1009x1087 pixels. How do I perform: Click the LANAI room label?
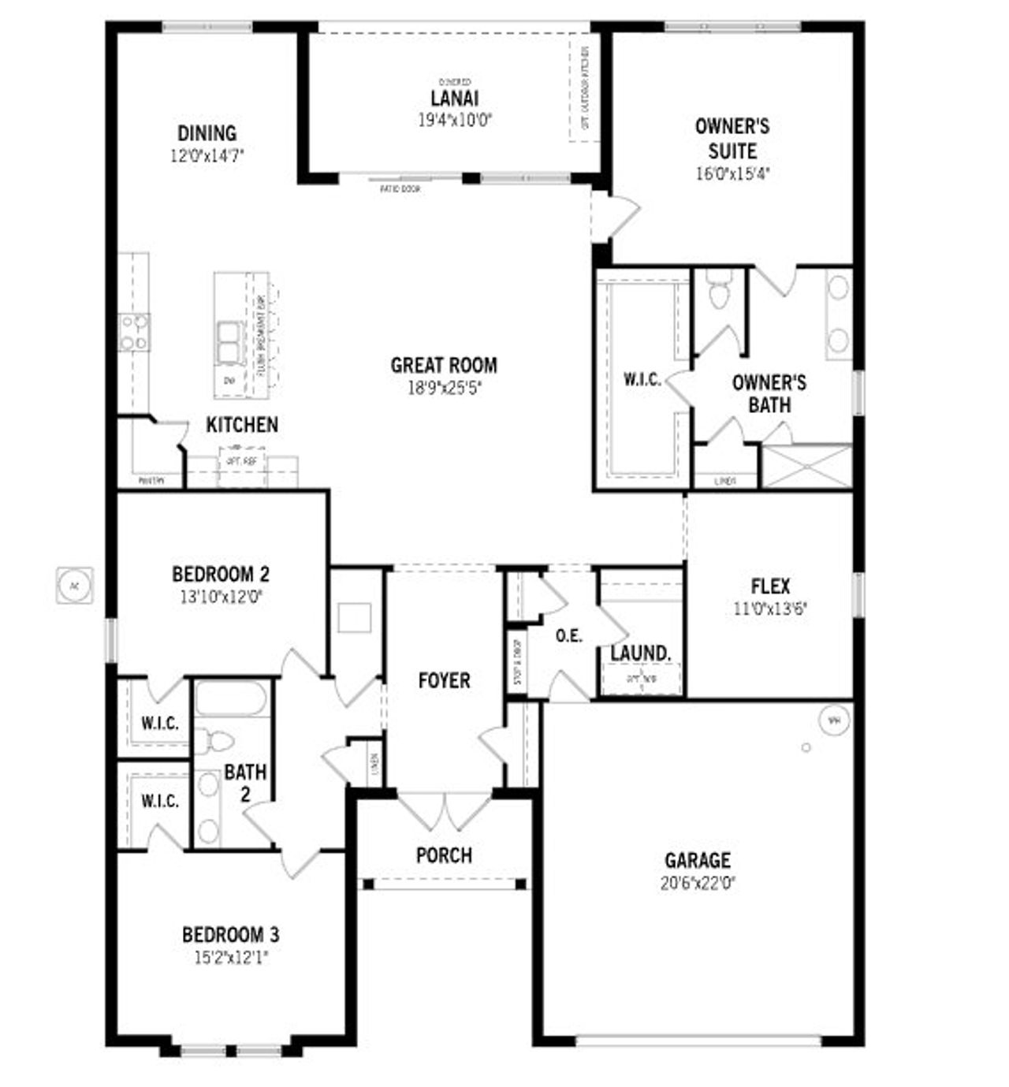(454, 99)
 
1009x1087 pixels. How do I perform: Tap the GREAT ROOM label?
(444, 365)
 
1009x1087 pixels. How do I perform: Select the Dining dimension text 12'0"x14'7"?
(207, 155)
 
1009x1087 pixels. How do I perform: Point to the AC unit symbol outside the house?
(75, 586)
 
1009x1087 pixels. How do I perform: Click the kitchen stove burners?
(133, 332)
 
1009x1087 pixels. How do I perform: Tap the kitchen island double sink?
(229, 343)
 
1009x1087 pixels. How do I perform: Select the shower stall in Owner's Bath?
(807, 467)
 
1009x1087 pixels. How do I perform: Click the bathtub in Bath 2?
(231, 698)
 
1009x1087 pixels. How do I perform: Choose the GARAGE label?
(697, 860)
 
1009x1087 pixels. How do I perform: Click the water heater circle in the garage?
(834, 720)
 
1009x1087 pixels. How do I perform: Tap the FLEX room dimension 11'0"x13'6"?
(770, 608)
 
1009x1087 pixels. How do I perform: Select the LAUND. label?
(641, 653)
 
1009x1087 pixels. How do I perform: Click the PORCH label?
(444, 854)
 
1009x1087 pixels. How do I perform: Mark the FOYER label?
(444, 680)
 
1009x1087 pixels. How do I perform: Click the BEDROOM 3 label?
(230, 935)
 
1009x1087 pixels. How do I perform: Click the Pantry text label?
(151, 480)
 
